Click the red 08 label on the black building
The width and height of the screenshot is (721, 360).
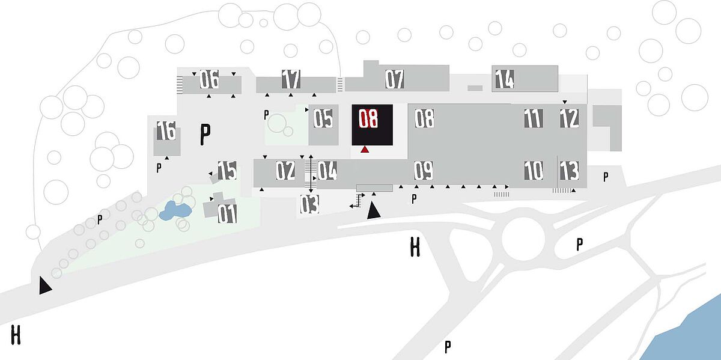tap(368, 118)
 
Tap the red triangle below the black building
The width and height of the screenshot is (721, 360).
tap(365, 149)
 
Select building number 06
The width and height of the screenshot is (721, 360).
tap(209, 79)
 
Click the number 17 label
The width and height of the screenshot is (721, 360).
tap(291, 79)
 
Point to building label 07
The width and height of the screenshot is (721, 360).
tap(395, 79)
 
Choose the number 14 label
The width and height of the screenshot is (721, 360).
tap(504, 79)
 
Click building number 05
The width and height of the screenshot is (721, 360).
tap(323, 118)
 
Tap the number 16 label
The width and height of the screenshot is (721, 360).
tap(166, 130)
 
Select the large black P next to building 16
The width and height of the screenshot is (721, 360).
tap(205, 134)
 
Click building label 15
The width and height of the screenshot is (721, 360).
tap(227, 170)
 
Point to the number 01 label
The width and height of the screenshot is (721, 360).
tap(227, 214)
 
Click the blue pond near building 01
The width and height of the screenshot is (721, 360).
tap(175, 210)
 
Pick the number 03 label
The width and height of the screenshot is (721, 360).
tap(309, 204)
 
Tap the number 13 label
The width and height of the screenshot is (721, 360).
tap(569, 170)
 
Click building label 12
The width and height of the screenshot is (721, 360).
tap(569, 118)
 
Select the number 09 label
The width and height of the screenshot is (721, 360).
tap(424, 170)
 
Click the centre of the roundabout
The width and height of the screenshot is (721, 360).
tap(523, 239)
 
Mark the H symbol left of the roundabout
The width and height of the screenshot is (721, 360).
tap(415, 246)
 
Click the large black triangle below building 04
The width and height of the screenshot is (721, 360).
tap(374, 210)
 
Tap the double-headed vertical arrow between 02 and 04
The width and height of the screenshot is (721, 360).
tap(311, 174)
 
